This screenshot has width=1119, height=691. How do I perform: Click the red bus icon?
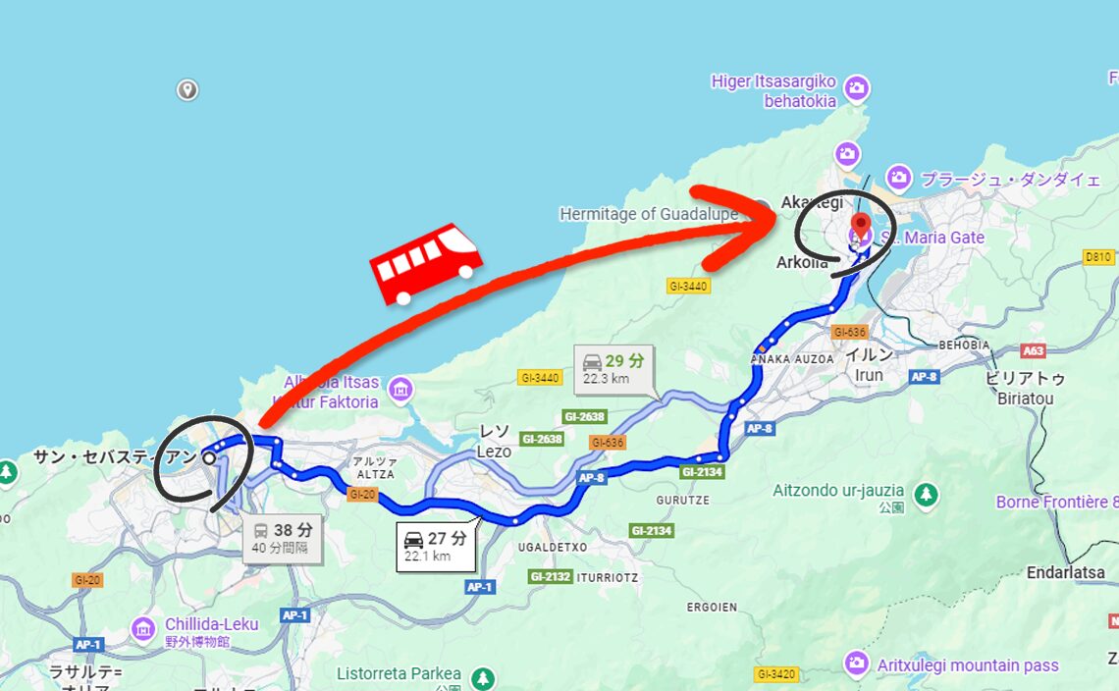coord(427,263)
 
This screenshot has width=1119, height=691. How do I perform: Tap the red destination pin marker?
coord(860,227)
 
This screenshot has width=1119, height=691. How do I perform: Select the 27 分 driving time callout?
coord(436,547)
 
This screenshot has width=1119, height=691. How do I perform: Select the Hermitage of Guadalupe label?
coord(648,214)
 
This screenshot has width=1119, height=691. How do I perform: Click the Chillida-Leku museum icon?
coord(143,626)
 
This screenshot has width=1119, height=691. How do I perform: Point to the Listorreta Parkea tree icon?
coord(482,677)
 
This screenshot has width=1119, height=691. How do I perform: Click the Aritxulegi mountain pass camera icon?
coord(857,664)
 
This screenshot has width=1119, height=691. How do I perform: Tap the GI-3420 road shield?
coord(776,674)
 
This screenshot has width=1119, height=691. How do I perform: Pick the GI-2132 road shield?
coord(550,576)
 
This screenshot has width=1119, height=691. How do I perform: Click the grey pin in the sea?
coord(187,90)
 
